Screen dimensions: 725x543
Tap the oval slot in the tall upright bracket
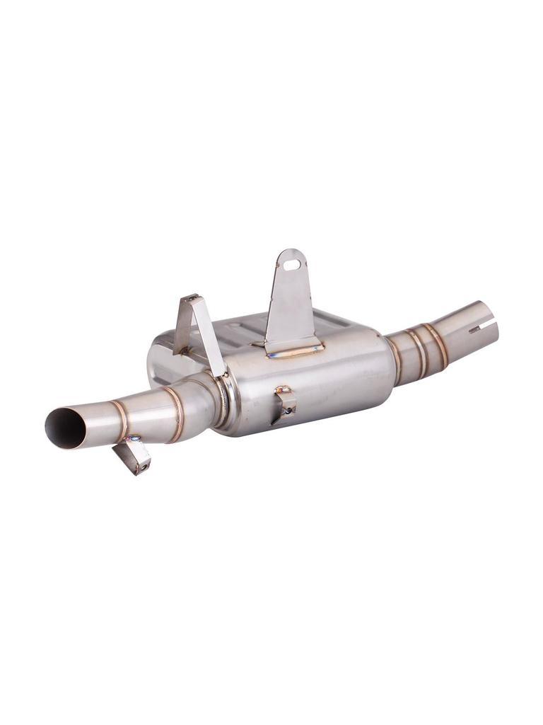[292, 264]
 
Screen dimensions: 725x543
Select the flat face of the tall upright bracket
[291, 304]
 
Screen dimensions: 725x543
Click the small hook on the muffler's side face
[284, 404]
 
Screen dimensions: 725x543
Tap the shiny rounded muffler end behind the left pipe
[159, 365]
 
